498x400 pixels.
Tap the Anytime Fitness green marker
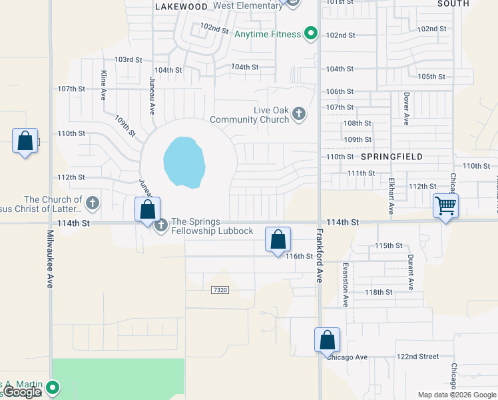pos(310,33)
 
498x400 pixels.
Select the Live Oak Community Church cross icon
pos(299,114)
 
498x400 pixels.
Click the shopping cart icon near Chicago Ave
pos(445,206)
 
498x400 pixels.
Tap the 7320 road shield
pos(220,290)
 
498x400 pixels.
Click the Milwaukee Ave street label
pos(49,259)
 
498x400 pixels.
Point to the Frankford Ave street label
pos(320,256)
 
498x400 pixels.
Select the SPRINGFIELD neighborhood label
pos(392,157)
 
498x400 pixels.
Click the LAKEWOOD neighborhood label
pos(181,7)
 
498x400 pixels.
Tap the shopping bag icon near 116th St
pos(278,239)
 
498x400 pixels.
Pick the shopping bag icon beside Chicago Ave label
pos(328,340)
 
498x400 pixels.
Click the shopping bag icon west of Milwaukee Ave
pos(25,141)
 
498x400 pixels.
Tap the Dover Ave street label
pos(405,109)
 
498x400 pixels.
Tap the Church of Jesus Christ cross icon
pos(93,202)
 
